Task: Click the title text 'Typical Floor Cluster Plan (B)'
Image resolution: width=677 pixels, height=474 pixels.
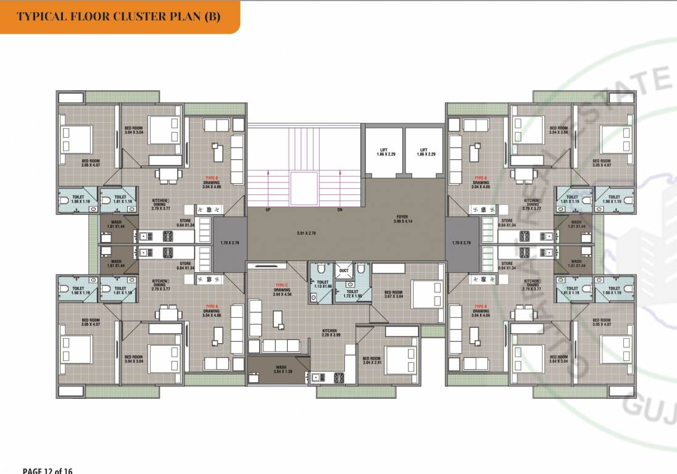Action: click(x=118, y=16)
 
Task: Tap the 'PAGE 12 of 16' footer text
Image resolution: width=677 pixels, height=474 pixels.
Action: click(x=48, y=470)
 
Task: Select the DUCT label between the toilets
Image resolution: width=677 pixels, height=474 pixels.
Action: click(x=344, y=270)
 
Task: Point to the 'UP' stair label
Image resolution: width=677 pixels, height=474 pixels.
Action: click(x=268, y=210)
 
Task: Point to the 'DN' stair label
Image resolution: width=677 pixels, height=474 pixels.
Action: click(x=339, y=210)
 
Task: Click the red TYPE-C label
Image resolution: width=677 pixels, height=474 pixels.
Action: click(x=282, y=285)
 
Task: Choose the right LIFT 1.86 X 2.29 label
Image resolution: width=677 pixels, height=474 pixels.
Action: click(x=423, y=151)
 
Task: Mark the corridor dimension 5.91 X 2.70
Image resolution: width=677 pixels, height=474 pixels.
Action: click(x=307, y=233)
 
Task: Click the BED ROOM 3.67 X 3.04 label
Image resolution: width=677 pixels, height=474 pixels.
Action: click(x=393, y=294)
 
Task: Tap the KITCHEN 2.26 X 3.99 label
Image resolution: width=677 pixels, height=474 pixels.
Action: click(x=330, y=333)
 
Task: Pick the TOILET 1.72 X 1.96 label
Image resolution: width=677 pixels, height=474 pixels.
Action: click(x=352, y=294)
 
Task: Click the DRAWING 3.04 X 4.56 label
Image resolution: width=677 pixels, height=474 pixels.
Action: click(x=282, y=292)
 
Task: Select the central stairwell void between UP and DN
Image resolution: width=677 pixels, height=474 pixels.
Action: click(x=304, y=189)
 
